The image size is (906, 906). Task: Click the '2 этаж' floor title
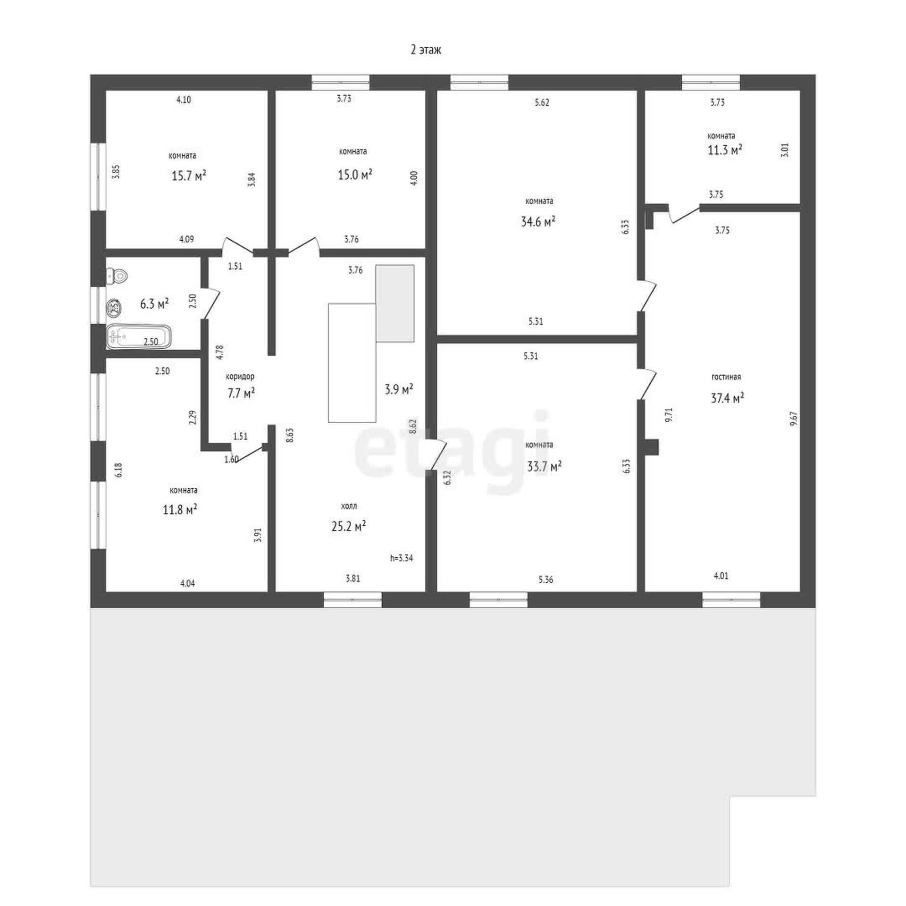coord(426,50)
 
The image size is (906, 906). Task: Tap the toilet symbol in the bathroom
coord(117,276)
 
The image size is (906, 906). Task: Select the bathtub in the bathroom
coord(139,337)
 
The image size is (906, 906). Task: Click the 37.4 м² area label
coord(728,398)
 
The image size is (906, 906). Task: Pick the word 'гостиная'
coord(726,377)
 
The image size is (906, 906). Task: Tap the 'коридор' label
coord(240,377)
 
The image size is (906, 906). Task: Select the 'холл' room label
coord(349,506)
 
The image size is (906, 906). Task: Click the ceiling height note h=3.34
coord(402,558)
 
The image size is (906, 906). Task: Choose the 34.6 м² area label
coord(538,221)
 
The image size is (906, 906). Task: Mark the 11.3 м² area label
coord(725,150)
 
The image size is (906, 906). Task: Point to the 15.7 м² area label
coord(189,176)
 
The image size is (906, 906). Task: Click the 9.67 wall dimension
coord(794,419)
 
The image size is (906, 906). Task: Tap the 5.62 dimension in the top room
coord(542,102)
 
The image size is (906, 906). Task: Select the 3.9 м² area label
coord(399,389)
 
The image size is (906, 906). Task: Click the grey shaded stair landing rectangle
coord(395,303)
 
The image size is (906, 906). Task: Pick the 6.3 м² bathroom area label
coord(154,303)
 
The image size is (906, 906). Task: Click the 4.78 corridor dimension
coord(219,353)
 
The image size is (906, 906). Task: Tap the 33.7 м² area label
coord(544,467)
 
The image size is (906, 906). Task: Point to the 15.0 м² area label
coord(355,175)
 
